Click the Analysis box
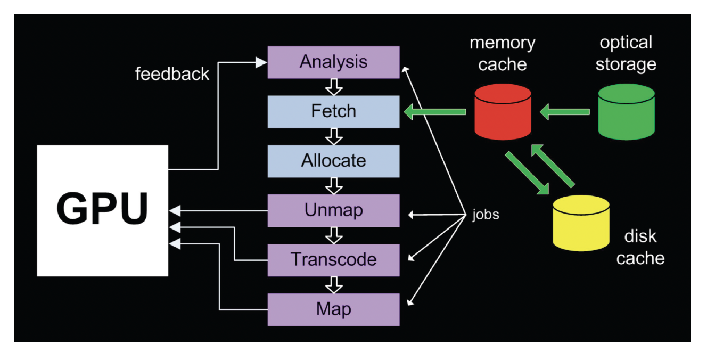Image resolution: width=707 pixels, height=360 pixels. click(333, 62)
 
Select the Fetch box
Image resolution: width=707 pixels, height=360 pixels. click(333, 111)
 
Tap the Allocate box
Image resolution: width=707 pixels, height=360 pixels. click(333, 161)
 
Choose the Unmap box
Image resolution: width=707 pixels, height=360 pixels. click(333, 210)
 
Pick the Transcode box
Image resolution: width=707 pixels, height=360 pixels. click(333, 260)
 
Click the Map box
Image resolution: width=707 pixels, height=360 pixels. click(333, 309)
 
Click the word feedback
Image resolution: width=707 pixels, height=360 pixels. click(172, 73)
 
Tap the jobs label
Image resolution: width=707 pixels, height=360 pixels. click(485, 216)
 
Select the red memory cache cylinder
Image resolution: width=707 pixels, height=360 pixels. click(503, 112)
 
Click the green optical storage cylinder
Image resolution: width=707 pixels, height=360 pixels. click(626, 112)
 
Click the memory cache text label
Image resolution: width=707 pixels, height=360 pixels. click(502, 53)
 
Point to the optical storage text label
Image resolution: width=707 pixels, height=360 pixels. click(626, 53)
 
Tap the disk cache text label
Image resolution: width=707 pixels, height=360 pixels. click(640, 247)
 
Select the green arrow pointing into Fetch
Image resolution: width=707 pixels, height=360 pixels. click(435, 112)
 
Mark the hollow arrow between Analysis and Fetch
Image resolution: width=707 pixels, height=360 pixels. click(334, 87)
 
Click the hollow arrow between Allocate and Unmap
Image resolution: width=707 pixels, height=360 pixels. click(334, 186)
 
